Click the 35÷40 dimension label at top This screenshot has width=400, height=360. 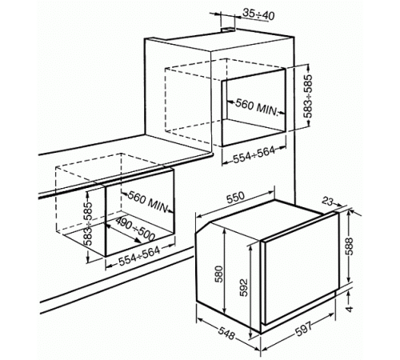pos(258,15)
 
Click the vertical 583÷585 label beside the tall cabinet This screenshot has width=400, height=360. pos(309,96)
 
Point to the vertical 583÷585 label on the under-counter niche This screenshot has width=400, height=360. pos(88,223)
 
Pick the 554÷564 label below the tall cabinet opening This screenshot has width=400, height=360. pos(254,155)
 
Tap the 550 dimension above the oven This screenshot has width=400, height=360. pos(235,198)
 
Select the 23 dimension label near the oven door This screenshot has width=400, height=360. pos(328,202)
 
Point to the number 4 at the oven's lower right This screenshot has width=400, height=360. pos(349,309)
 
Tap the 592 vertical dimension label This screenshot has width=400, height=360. pos(243,287)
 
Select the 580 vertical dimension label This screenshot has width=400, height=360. pos(218,274)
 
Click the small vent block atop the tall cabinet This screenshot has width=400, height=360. pos(228,30)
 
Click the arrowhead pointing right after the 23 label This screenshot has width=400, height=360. pos(339,205)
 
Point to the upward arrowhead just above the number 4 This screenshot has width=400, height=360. pos(349,293)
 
